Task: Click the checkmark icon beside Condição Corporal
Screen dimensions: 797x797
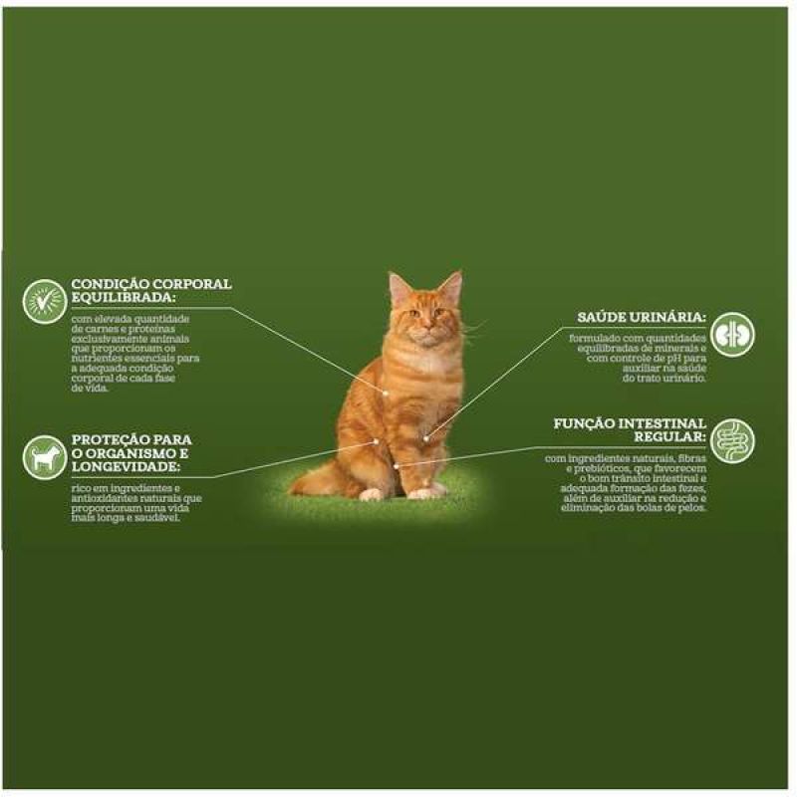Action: click(45, 302)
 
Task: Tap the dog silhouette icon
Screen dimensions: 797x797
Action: click(45, 457)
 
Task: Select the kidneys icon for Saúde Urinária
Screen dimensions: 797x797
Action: click(732, 334)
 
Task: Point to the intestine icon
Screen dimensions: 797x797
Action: click(732, 440)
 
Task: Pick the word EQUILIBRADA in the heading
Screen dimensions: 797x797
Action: click(123, 297)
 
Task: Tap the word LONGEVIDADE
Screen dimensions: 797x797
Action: click(126, 467)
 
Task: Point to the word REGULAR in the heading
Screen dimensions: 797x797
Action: click(669, 437)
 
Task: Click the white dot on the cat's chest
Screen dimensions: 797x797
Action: click(386, 393)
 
